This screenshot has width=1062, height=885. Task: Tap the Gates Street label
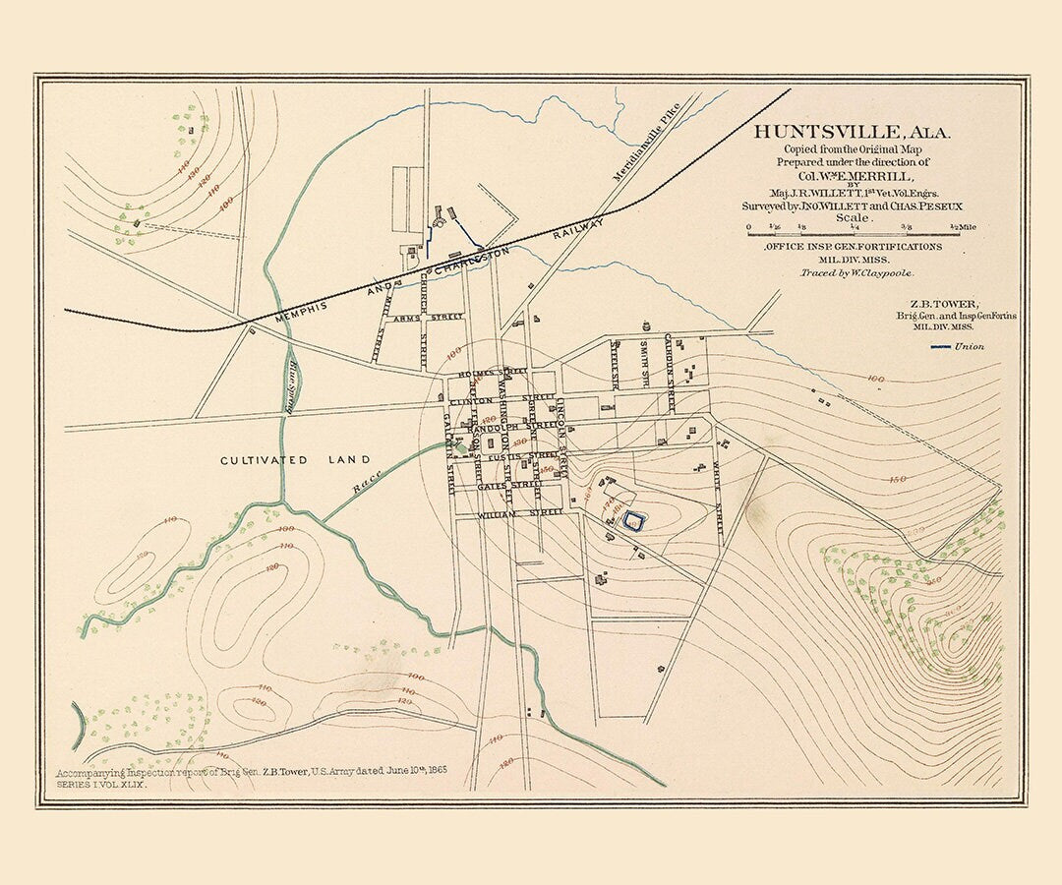(509, 486)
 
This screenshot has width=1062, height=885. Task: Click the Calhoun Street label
(669, 373)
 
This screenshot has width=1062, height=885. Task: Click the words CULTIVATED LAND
(295, 460)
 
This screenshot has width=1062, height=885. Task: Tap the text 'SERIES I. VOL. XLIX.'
(100, 779)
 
